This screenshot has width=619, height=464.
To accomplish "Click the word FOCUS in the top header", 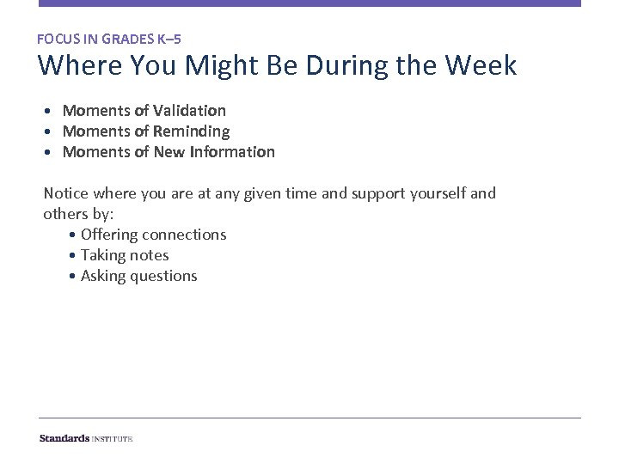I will pyautogui.click(x=58, y=39).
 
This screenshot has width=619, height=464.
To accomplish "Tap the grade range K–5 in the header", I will pyautogui.click(x=169, y=39).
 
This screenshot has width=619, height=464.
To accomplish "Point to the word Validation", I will pyautogui.click(x=189, y=111).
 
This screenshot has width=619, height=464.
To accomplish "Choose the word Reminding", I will pyautogui.click(x=191, y=131).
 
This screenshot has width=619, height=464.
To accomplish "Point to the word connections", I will pyautogui.click(x=184, y=235).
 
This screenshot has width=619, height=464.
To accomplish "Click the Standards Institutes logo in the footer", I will pyautogui.click(x=86, y=438).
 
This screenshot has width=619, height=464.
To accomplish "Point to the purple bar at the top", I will pyautogui.click(x=309, y=3).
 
